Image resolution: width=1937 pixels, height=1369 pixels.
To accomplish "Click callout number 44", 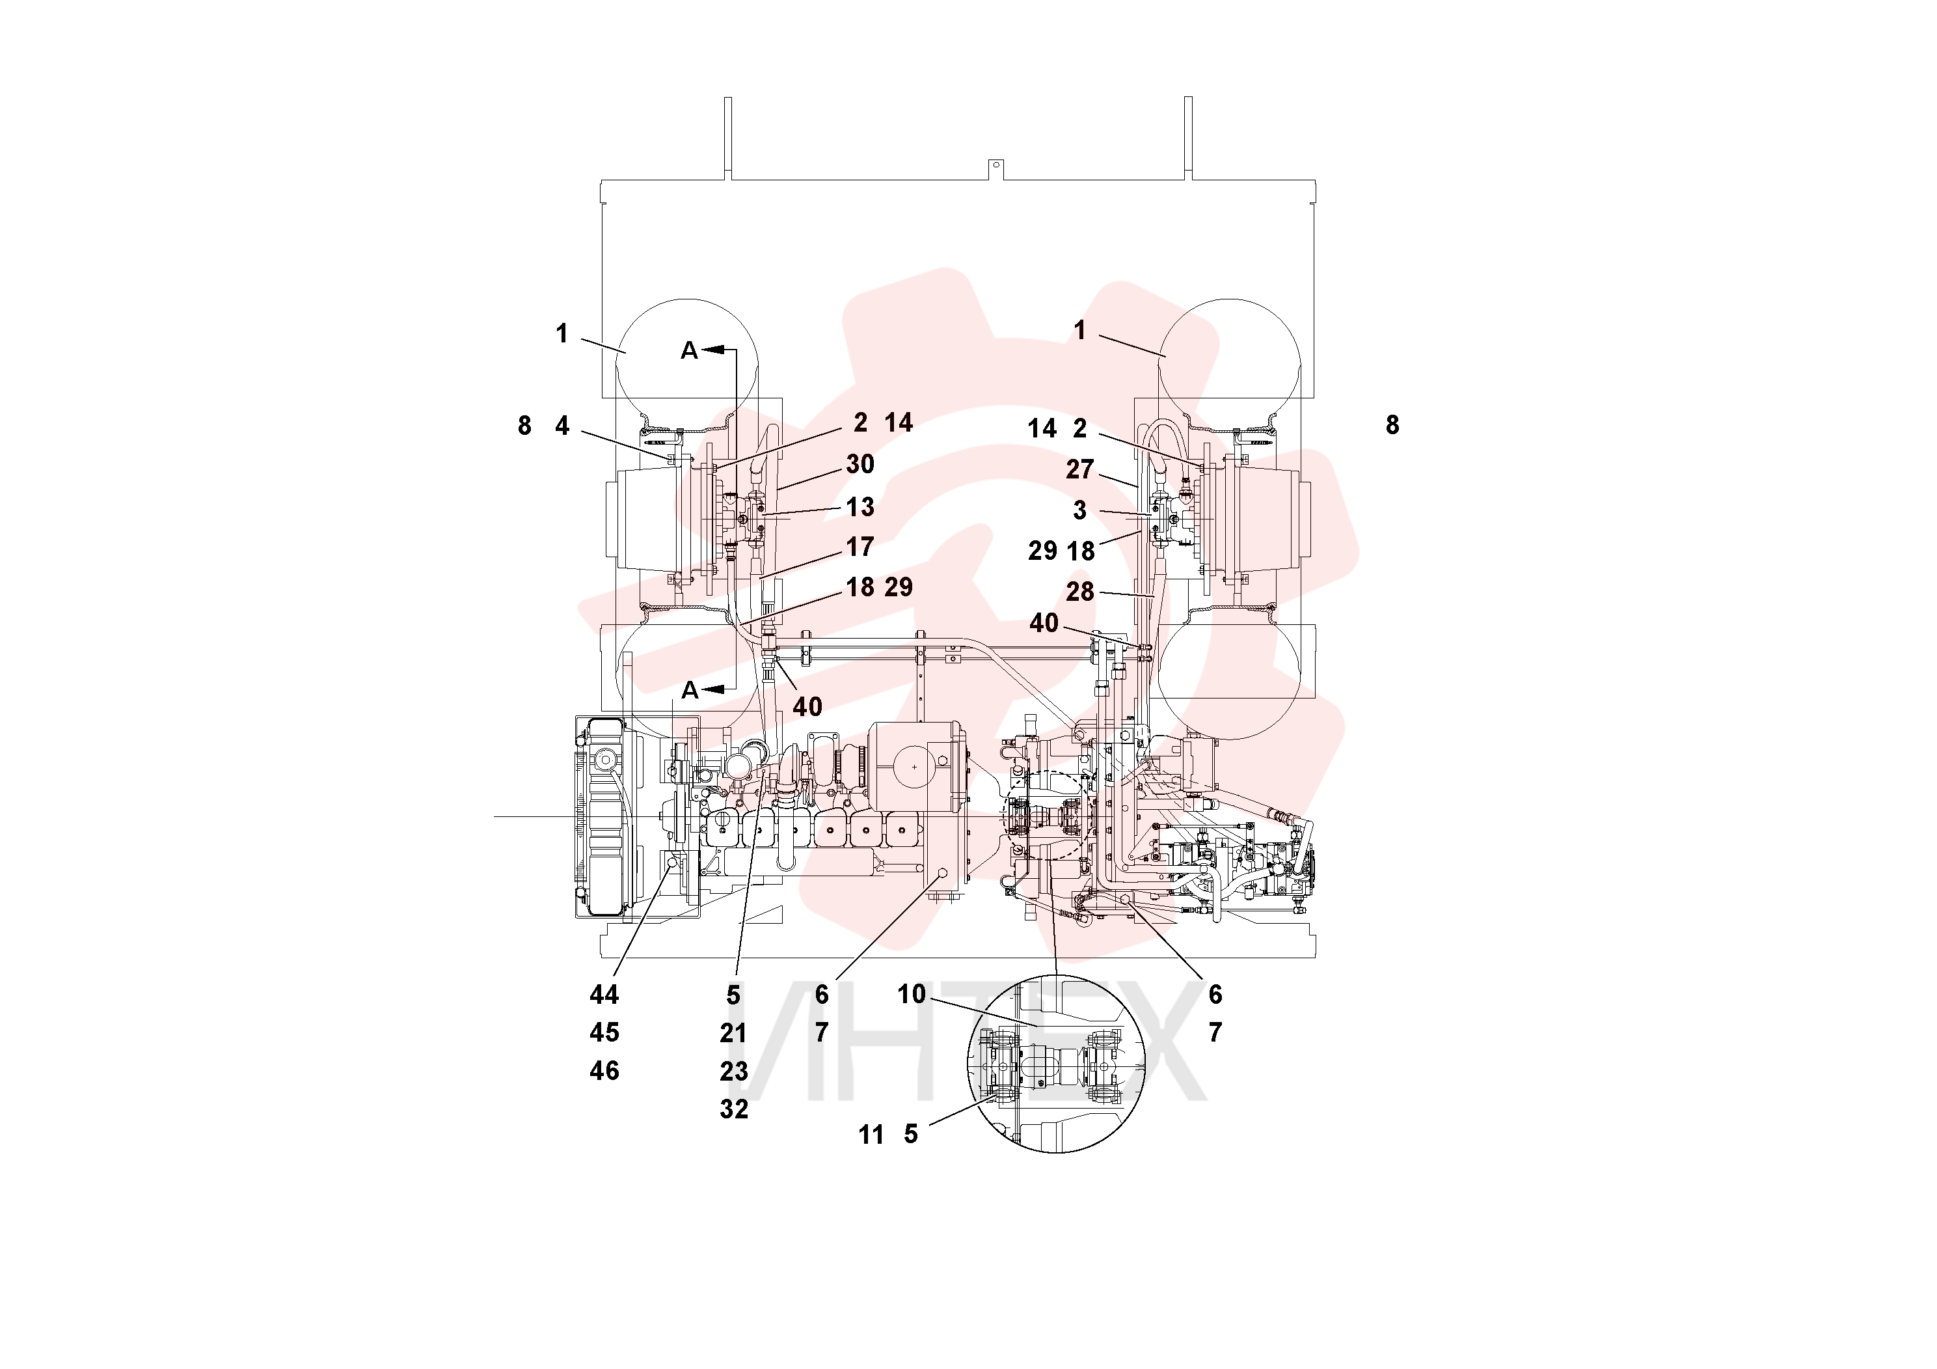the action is pyautogui.click(x=604, y=995).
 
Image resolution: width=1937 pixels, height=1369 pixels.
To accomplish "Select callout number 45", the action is pyautogui.click(x=604, y=1032).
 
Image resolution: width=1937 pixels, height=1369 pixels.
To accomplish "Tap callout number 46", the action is pyautogui.click(x=604, y=1071).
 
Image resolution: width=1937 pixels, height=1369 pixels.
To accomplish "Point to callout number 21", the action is pyautogui.click(x=733, y=1033).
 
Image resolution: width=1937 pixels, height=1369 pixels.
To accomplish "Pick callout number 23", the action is pyautogui.click(x=733, y=1071).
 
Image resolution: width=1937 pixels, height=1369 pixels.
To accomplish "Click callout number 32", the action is pyautogui.click(x=733, y=1109).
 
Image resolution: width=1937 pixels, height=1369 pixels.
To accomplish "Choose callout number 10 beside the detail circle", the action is pyautogui.click(x=911, y=994).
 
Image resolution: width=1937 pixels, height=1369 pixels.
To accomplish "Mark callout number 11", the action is pyautogui.click(x=871, y=1135).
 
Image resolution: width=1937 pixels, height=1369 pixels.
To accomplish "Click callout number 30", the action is pyautogui.click(x=860, y=463).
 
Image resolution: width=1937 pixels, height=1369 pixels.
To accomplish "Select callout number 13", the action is pyautogui.click(x=860, y=506).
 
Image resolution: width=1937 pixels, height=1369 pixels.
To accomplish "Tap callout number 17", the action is pyautogui.click(x=860, y=547).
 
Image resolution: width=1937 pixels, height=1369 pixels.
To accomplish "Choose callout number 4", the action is pyautogui.click(x=562, y=426).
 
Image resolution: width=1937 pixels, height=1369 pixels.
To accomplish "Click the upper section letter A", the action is pyautogui.click(x=689, y=350).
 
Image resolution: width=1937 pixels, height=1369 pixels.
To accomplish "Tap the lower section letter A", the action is pyautogui.click(x=690, y=691).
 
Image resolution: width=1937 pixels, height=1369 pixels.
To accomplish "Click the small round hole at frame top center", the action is pyautogui.click(x=996, y=165).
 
